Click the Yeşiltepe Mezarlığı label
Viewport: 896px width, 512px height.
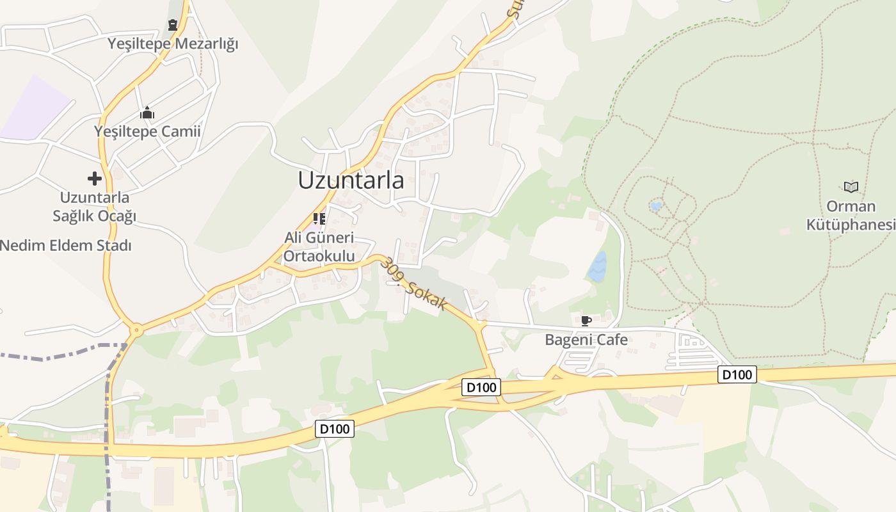[x=173, y=44]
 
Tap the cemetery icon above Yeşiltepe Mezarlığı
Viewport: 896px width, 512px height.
[x=173, y=26]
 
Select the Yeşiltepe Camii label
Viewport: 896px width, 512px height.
[x=147, y=132]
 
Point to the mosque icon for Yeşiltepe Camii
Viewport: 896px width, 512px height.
[x=147, y=113]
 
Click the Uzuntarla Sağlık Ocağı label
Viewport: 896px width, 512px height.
[x=95, y=206]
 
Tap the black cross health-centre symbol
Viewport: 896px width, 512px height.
[x=95, y=179]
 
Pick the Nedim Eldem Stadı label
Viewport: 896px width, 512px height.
[x=65, y=245]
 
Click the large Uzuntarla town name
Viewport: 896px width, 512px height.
[x=351, y=180]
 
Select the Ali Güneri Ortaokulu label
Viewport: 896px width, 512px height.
[x=319, y=247]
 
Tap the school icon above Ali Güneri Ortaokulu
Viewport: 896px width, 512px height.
[x=319, y=219]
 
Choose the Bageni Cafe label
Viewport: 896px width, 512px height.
[x=586, y=340]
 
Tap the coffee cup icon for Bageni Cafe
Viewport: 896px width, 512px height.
[x=585, y=321]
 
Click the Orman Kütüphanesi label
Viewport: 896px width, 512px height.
[x=851, y=216]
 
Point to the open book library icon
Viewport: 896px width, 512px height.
[x=851, y=187]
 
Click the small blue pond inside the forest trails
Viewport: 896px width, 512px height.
[x=655, y=206]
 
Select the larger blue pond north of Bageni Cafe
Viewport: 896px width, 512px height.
[x=597, y=266]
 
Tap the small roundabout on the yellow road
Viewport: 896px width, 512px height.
[x=136, y=330]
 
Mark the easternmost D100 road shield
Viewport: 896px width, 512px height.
[x=737, y=374]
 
